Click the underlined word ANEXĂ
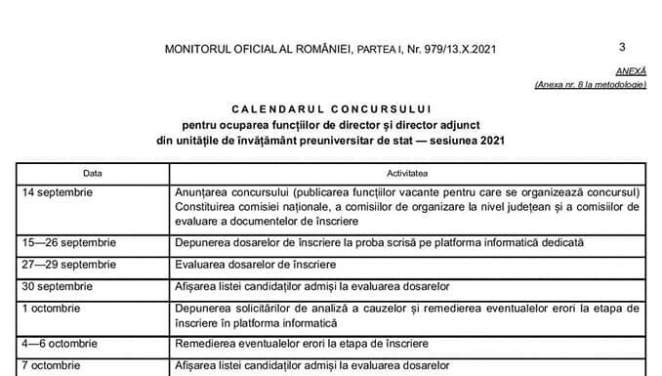click(x=630, y=73)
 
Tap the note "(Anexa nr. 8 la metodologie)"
click(x=590, y=86)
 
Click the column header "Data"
click(x=93, y=172)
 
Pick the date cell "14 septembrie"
click(x=58, y=192)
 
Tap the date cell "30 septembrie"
click(x=58, y=286)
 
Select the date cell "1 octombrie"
click(x=53, y=308)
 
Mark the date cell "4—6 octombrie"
click(x=61, y=344)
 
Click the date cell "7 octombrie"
click(x=53, y=365)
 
